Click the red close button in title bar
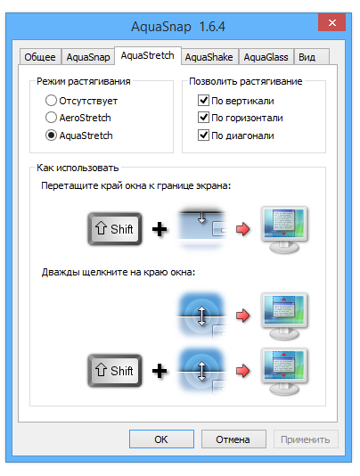tap(331, 22)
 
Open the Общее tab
tap(40, 57)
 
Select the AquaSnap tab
tap(88, 57)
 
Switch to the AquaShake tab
tap(209, 57)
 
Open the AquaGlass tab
tap(266, 57)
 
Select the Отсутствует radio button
tap(51, 101)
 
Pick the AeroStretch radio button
tap(51, 118)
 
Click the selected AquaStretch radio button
tap(51, 135)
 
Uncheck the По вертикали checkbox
tap(203, 100)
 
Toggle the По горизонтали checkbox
tap(203, 117)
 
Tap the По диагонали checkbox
tap(203, 135)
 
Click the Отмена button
tap(233, 439)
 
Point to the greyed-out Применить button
tap(306, 439)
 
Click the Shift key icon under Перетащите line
tap(115, 229)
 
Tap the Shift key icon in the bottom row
tap(115, 371)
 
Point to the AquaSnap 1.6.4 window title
tap(178, 27)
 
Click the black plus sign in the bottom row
tap(160, 371)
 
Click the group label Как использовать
tap(78, 168)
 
